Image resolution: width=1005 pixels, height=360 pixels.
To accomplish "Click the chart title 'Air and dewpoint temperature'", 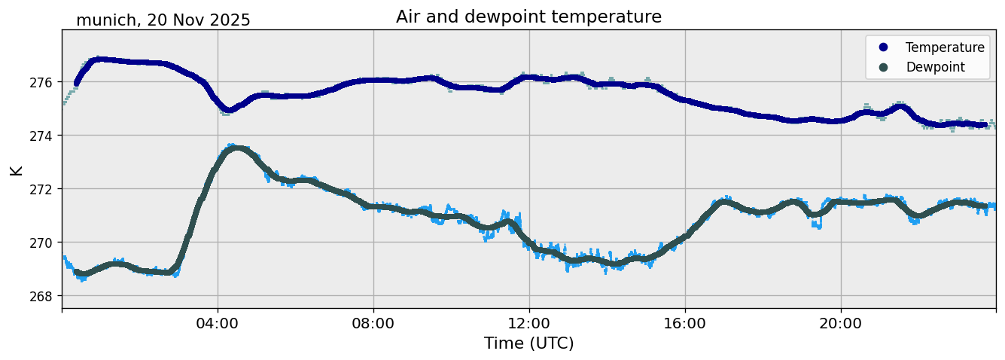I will (528, 17).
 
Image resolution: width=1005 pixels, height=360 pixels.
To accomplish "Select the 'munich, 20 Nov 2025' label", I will (163, 20).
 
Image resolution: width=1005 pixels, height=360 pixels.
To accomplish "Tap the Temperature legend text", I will (945, 47).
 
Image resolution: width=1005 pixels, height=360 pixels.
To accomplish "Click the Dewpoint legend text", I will (935, 67).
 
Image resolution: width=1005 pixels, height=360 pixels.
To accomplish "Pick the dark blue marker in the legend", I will (884, 47).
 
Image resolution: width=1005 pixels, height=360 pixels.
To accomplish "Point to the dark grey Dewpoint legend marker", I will (884, 67).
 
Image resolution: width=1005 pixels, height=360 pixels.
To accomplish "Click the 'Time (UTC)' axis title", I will (528, 343).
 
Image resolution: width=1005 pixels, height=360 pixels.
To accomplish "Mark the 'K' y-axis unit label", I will (17, 169).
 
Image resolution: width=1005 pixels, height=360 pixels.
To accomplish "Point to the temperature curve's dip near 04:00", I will (229, 110).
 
